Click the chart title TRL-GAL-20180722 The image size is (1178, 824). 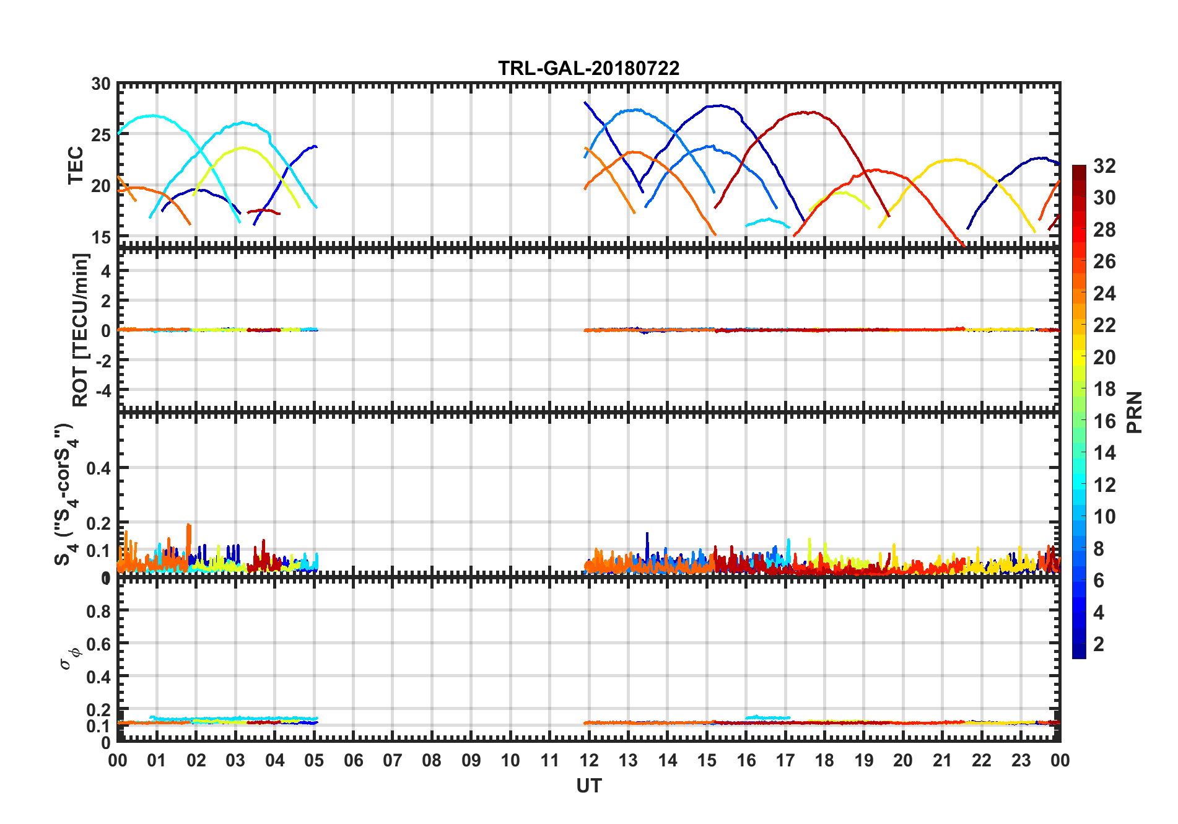point(588,68)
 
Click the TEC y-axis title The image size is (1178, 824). point(76,165)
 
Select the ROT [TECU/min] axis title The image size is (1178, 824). point(81,330)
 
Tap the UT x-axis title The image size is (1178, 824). point(588,786)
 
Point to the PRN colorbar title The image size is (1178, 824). point(1134,412)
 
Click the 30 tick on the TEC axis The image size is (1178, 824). point(101,84)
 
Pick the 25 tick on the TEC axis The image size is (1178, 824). point(101,135)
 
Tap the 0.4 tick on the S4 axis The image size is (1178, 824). point(98,468)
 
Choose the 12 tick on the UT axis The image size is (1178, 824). point(589,760)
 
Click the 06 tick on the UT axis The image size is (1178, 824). point(353,760)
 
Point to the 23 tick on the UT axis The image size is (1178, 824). point(1021,760)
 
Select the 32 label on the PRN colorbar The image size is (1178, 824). point(1104,166)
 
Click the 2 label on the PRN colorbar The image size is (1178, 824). point(1099,644)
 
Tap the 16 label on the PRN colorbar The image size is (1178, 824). point(1104,421)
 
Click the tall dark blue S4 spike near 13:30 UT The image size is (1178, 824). point(647,534)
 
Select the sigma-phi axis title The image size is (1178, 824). point(70,658)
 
